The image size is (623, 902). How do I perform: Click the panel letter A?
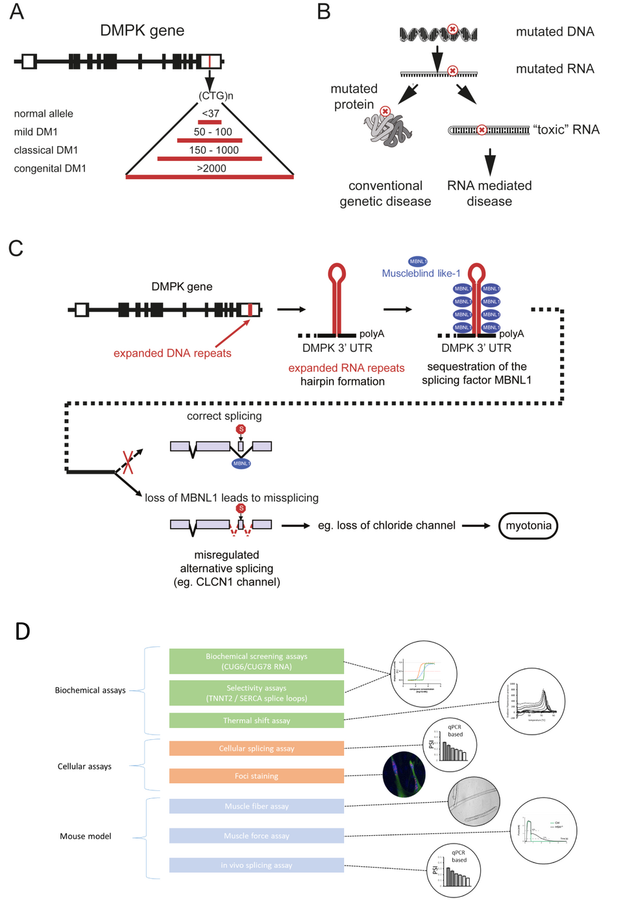[17, 12]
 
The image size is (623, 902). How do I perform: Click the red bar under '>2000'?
[210, 177]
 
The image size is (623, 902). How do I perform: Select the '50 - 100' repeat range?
[212, 132]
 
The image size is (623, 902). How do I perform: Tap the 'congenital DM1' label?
[50, 168]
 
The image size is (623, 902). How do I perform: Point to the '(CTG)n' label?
[215, 95]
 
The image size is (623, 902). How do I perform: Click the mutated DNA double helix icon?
[439, 33]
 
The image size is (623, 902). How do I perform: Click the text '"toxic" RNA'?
[566, 129]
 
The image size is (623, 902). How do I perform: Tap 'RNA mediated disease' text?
[489, 193]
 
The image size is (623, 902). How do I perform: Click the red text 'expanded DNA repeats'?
[172, 353]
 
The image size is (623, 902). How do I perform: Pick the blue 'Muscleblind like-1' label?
[421, 273]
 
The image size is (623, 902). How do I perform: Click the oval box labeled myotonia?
[528, 526]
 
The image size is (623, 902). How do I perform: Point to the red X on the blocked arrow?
[128, 461]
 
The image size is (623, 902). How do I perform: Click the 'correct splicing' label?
[224, 416]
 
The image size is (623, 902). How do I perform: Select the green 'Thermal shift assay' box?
[256, 720]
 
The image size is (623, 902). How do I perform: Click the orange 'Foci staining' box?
[256, 776]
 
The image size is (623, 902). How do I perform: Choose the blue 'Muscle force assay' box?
[256, 836]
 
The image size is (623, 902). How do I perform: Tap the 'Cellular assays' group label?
[84, 766]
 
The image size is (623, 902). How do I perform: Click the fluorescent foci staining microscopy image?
[404, 774]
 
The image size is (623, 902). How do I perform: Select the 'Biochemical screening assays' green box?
[256, 661]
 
